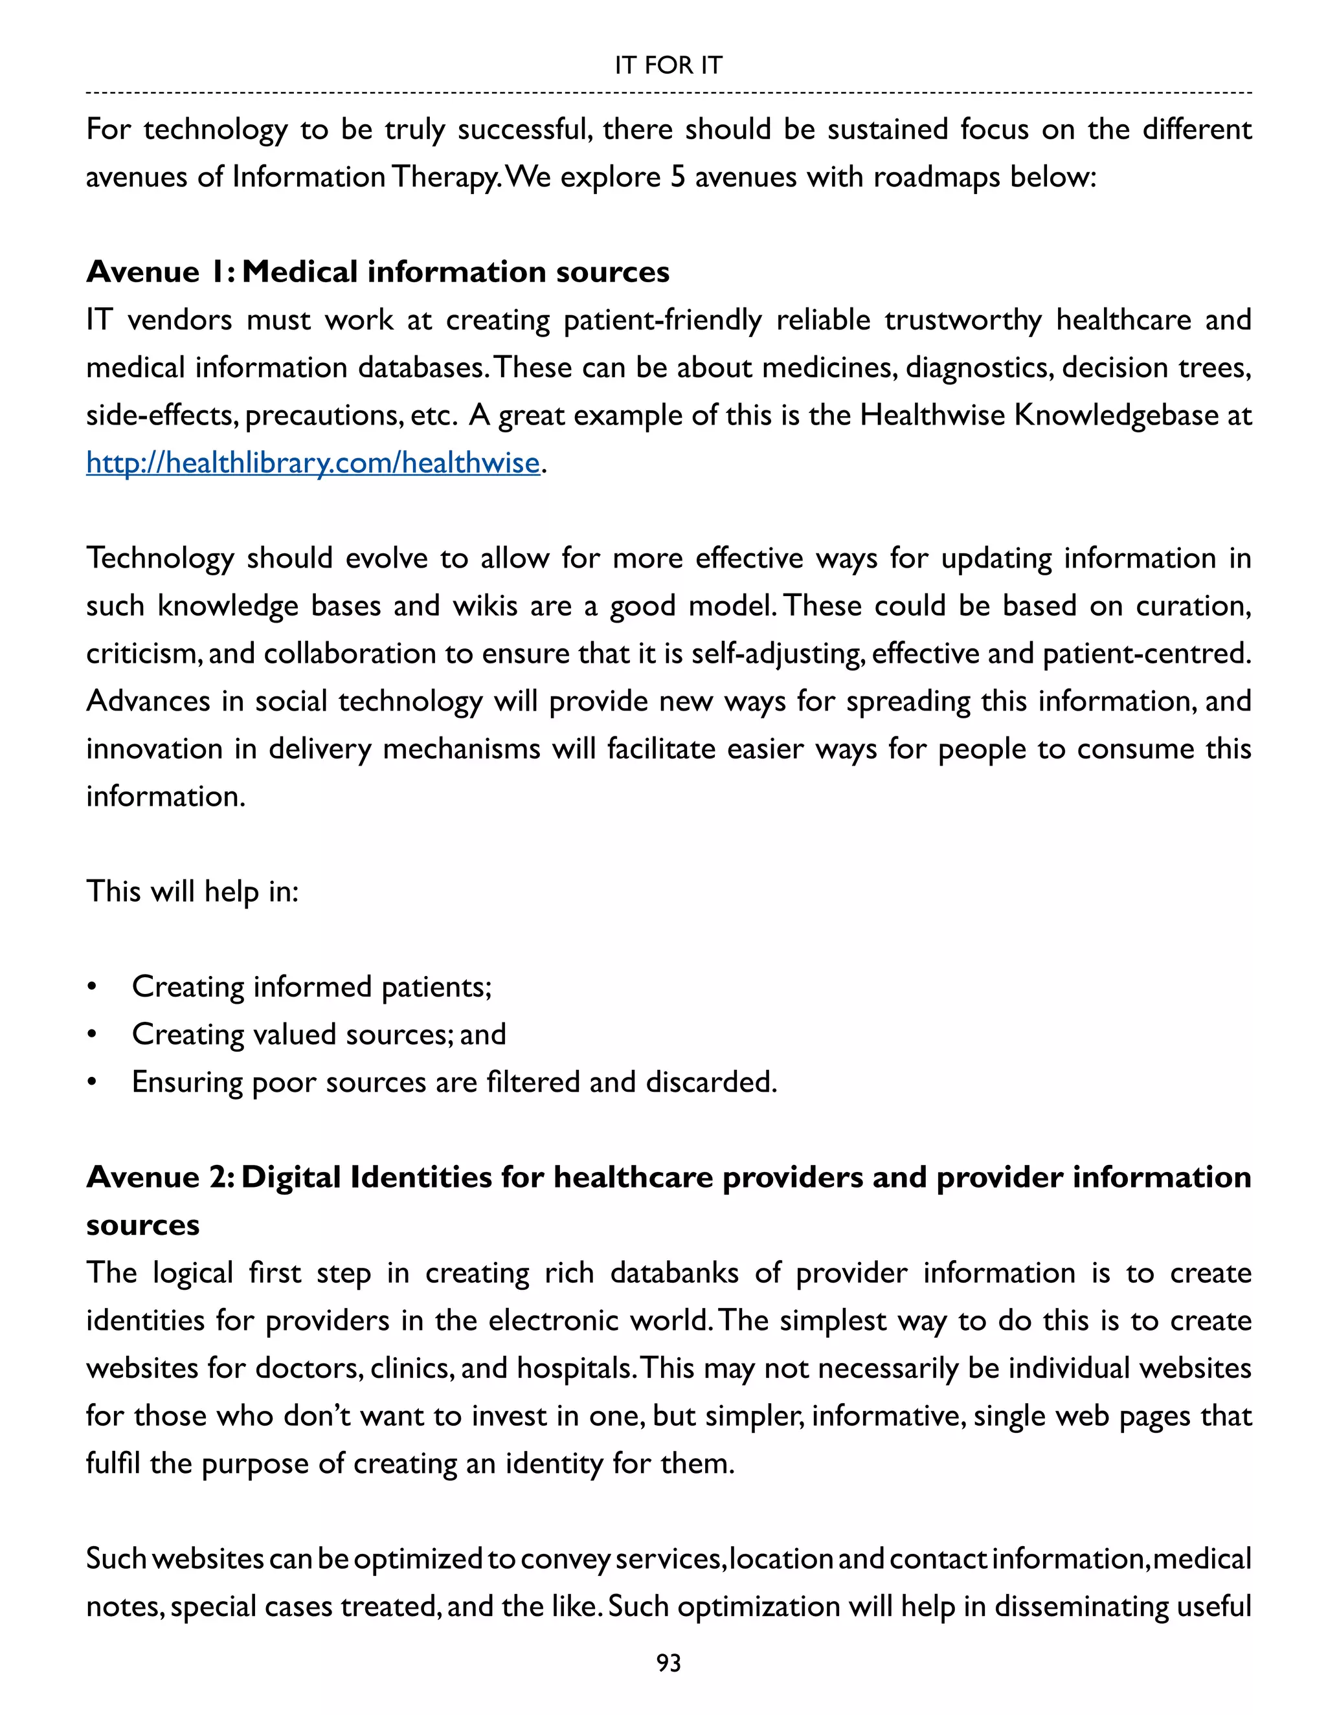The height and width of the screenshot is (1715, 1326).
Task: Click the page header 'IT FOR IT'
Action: pos(668,65)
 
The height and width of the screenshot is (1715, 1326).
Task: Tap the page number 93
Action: pos(668,1663)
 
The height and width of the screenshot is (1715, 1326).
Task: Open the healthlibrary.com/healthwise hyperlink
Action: pos(313,463)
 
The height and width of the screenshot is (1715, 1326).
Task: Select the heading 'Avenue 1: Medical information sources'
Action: pos(377,272)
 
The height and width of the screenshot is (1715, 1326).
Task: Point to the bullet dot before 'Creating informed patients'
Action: pos(92,987)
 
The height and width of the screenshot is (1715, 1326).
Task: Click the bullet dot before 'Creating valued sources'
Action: pos(92,1035)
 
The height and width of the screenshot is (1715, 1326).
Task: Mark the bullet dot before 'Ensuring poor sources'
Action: pos(92,1083)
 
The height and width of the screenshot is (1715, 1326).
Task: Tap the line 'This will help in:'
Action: pos(192,891)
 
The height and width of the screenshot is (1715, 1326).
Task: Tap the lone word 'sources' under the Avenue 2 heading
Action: pos(143,1225)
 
